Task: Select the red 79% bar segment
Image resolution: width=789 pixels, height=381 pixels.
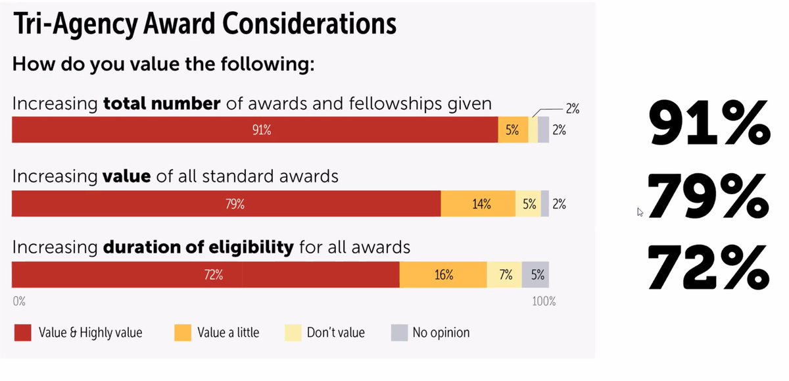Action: [226, 204]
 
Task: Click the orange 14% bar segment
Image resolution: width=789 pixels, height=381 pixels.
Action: [478, 204]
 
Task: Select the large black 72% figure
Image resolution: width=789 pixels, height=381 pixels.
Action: [709, 268]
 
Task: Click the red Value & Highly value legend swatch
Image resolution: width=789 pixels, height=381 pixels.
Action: [23, 333]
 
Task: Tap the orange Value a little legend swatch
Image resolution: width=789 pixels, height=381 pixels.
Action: [182, 333]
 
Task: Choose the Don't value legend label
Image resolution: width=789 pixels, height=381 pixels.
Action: [335, 333]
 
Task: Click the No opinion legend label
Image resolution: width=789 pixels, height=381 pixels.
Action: [441, 333]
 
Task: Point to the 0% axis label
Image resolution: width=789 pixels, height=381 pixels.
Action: [19, 302]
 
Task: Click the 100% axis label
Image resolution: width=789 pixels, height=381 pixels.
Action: [543, 302]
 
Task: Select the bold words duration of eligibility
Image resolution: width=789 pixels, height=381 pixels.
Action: [198, 248]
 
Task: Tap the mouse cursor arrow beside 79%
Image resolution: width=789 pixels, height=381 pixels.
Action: [640, 212]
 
